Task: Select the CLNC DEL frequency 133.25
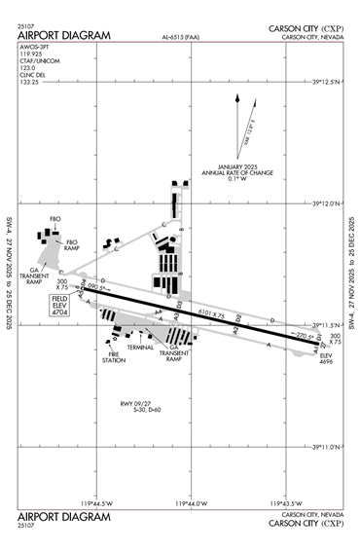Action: pos(30,81)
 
